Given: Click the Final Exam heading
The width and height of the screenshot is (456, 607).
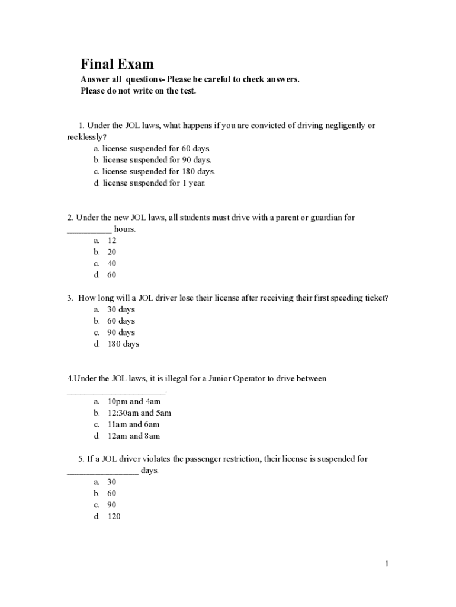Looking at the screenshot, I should coord(117,64).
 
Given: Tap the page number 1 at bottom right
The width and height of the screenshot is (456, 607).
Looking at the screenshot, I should coord(387,563).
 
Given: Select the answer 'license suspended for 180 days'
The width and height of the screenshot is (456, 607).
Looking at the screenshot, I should coord(158,171).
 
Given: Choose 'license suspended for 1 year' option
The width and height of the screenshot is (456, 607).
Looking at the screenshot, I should coord(153,183).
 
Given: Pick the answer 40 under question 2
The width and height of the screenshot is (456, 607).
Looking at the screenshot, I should coord(111,263).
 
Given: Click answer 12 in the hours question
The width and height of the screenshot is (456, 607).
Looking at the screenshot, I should coord(111,240).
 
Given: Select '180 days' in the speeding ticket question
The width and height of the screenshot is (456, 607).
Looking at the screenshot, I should coord(123,344).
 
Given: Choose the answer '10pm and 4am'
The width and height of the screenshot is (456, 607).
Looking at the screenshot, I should coord(134,401).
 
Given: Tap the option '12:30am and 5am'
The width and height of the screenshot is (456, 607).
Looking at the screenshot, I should coord(139,413).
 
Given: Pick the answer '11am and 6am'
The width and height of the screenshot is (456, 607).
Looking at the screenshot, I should coord(133,424).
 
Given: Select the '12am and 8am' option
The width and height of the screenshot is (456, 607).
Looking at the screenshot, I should coord(133,436).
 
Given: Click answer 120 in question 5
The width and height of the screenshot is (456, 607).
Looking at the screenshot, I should coord(114,516).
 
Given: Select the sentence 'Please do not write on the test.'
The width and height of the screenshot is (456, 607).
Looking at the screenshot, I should coord(138,91).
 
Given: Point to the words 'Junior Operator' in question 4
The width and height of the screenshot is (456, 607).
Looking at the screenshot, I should coord(224,378).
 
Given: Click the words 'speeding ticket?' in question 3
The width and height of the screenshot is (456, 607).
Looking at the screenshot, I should coord(358,298).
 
